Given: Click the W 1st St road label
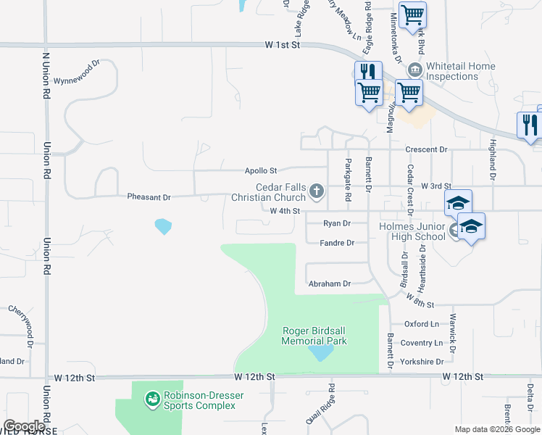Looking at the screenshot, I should click(282, 45).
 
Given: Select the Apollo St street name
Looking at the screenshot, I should click(261, 171).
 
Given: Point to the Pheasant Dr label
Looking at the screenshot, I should click(149, 196).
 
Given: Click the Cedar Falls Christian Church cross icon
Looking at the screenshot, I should click(316, 191).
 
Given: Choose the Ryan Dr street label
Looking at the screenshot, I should click(337, 224).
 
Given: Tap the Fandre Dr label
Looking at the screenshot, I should click(337, 243).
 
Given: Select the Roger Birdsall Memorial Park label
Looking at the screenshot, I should click(314, 336).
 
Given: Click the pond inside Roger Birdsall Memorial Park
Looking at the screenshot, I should click(320, 353).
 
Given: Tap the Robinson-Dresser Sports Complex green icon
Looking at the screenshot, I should click(152, 399).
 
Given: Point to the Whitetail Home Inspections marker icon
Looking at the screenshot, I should click(414, 70).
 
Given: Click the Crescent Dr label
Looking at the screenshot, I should click(427, 149).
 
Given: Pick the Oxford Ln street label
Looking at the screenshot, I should click(422, 324).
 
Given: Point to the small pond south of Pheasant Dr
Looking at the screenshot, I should click(164, 226).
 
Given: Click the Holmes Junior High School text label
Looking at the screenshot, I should click(412, 231).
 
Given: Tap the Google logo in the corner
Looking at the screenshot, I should click(25, 426).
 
